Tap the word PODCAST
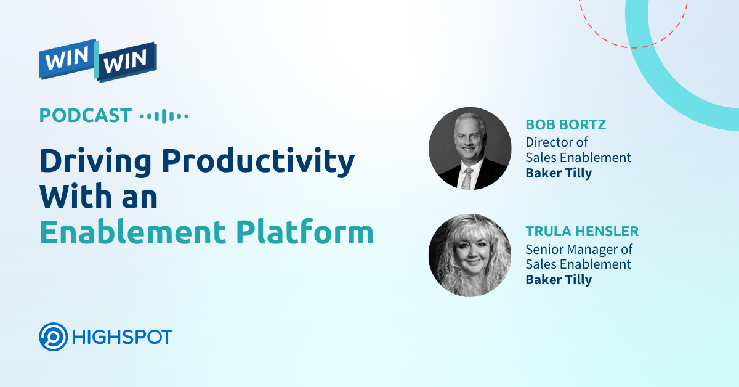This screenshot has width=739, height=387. point(86,115)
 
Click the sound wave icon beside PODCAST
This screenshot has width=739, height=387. point(164,116)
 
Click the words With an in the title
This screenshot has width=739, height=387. point(99,197)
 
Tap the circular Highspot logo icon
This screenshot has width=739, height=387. point(53,337)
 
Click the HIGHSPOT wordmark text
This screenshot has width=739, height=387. point(122,337)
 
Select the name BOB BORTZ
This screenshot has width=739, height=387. point(565,125)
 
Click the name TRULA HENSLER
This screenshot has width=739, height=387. point(582,232)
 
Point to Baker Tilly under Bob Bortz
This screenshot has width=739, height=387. point(558,173)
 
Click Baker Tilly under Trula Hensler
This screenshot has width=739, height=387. point(558,280)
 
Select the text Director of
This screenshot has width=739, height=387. point(556,142)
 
